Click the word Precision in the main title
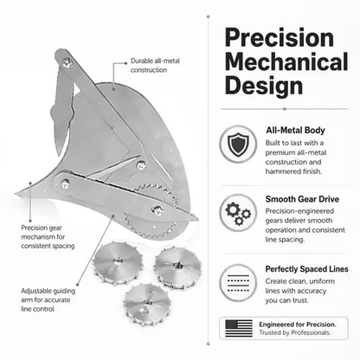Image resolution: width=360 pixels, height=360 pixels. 280,37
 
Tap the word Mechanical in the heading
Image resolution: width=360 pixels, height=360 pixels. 286,61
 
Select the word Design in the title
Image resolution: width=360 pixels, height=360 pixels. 264,86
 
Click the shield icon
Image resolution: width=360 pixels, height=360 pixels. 238,144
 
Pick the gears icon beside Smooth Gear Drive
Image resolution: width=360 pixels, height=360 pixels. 238,213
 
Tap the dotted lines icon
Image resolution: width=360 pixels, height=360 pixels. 238,283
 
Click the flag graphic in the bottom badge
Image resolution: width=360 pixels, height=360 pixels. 239,328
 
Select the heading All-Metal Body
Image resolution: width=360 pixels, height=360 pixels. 295,131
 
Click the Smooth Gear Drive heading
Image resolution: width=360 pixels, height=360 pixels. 302,199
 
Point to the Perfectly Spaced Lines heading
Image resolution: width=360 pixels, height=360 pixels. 307,269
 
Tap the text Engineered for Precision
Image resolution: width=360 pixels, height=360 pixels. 298,325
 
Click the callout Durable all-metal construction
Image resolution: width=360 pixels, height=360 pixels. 155,65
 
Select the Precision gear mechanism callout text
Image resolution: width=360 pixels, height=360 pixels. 48,237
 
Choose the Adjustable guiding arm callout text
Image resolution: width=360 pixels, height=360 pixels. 48,300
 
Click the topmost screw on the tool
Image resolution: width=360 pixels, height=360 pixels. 67,62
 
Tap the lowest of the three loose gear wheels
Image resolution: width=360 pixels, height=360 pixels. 148,304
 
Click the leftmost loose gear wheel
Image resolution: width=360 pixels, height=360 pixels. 118,262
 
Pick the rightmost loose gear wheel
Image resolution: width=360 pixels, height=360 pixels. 177,267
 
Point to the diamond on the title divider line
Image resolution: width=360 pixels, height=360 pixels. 285,109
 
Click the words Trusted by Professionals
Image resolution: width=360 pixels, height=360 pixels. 294,332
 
